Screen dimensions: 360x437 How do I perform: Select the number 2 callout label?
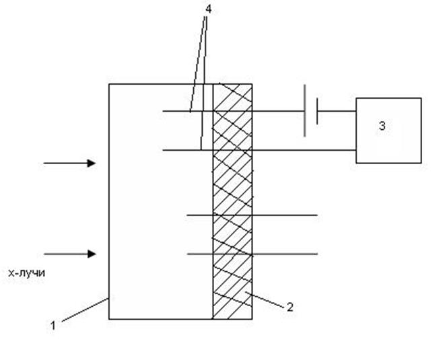(x=290, y=308)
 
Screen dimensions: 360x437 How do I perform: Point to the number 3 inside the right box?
(x=382, y=126)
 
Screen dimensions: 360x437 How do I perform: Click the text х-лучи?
(x=26, y=274)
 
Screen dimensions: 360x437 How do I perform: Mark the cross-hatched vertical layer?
(x=233, y=202)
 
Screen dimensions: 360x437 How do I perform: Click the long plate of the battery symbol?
(x=304, y=110)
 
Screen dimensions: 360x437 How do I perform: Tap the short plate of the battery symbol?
(x=316, y=110)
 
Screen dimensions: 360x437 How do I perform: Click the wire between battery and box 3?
(x=337, y=111)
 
